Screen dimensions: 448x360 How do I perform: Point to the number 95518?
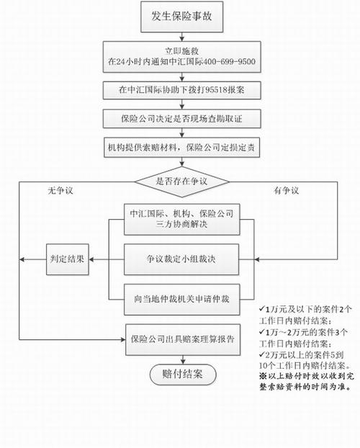(212, 91)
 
